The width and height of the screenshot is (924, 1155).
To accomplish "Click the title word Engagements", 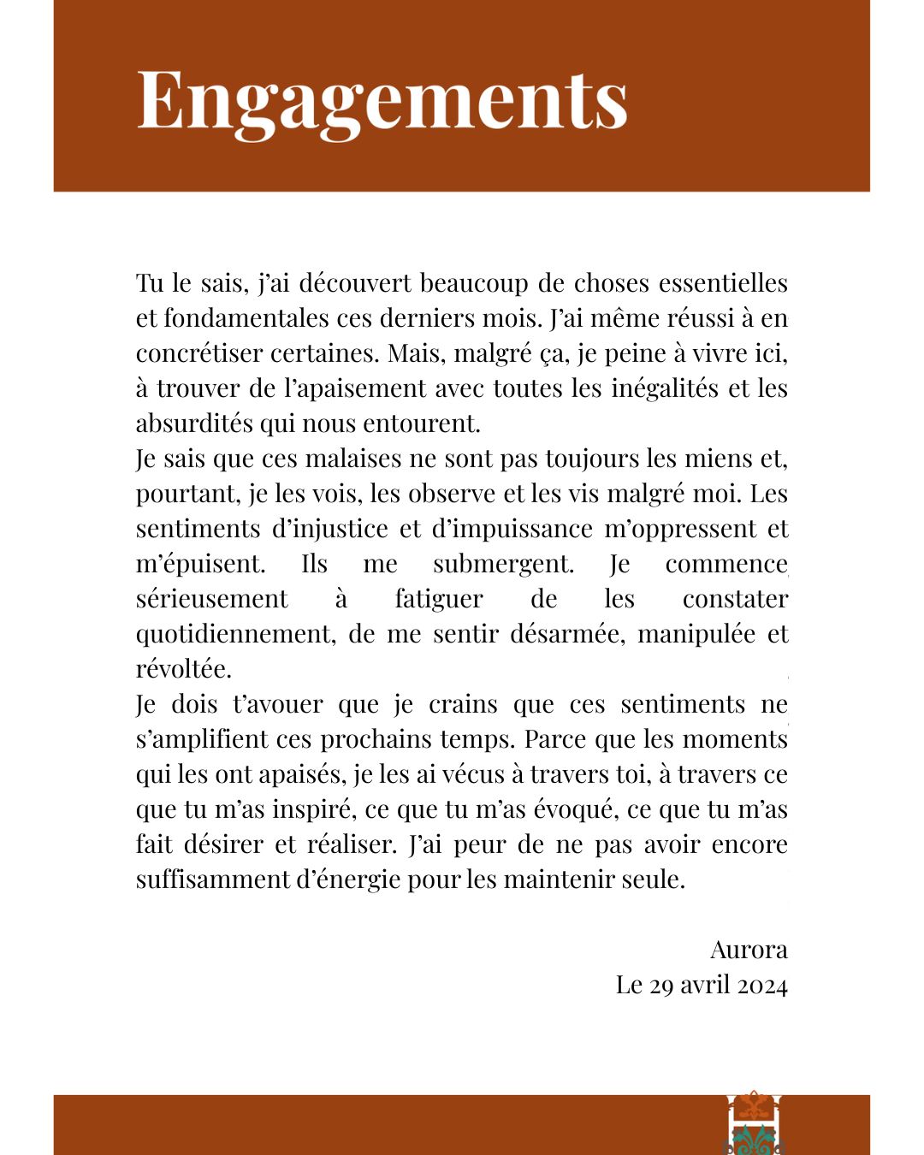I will click(382, 101).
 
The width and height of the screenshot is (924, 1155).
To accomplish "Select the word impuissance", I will click(512, 529).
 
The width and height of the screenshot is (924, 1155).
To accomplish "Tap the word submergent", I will click(503, 564).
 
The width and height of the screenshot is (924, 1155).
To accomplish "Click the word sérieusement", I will click(211, 599).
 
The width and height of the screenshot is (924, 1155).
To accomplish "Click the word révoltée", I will click(183, 669).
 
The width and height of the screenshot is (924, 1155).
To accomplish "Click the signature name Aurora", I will click(749, 950).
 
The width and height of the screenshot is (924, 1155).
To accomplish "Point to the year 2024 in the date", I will click(762, 986).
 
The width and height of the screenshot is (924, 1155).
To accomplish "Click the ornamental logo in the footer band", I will click(754, 1122).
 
